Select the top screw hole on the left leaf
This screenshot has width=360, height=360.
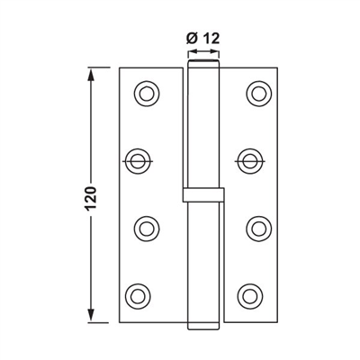click(x=143, y=92)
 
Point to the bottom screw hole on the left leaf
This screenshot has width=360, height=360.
click(x=137, y=293)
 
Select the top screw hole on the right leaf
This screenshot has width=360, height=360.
click(x=259, y=92)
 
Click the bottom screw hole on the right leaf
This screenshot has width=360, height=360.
click(x=250, y=293)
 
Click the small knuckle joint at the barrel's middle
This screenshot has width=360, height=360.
click(x=202, y=194)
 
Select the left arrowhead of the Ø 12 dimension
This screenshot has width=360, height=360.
click(x=191, y=54)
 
